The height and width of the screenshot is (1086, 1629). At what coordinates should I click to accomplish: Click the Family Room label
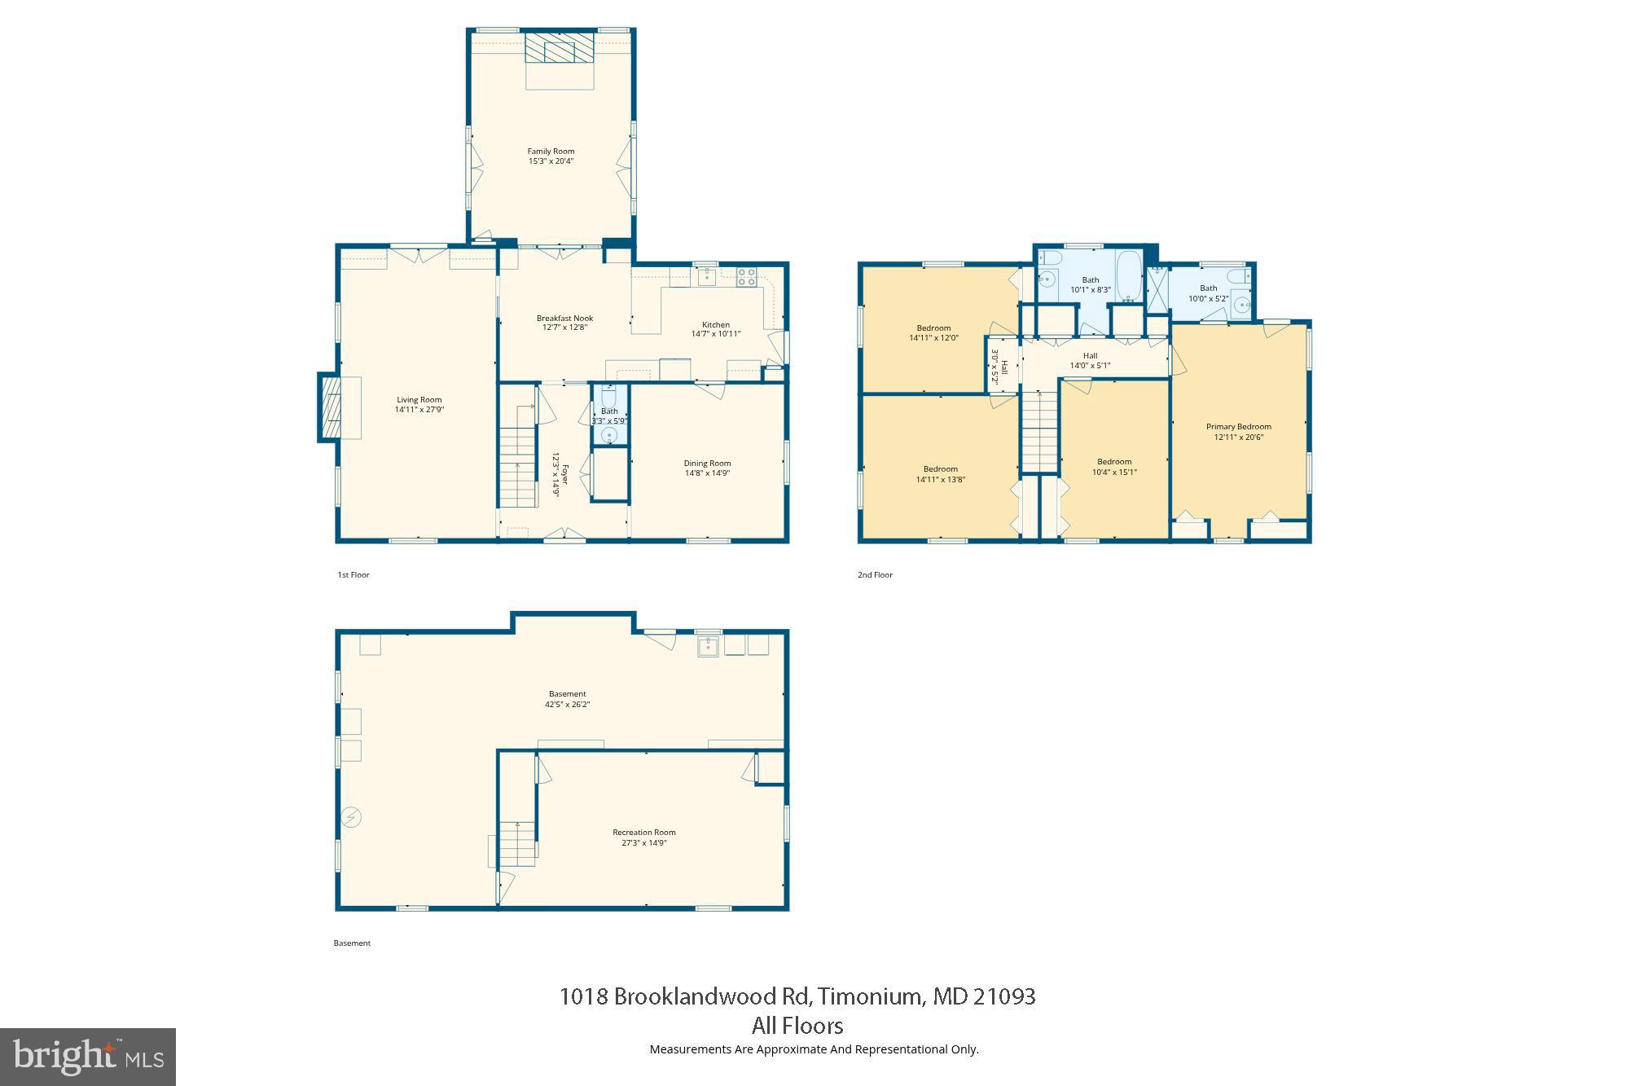tap(551, 151)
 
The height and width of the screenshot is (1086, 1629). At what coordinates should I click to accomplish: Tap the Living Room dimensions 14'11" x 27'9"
tap(419, 410)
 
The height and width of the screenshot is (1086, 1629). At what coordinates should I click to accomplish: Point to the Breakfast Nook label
tap(564, 318)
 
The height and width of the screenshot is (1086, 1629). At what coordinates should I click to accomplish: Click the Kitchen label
tap(716, 324)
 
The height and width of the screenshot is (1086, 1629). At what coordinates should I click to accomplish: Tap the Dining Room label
tap(707, 463)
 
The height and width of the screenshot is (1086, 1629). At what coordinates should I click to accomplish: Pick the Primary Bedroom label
tap(1238, 426)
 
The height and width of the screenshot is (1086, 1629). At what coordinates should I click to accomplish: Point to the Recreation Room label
tap(643, 832)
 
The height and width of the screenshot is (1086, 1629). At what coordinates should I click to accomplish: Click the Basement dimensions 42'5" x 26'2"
tap(567, 704)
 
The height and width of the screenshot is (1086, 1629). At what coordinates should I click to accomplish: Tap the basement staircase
tap(518, 843)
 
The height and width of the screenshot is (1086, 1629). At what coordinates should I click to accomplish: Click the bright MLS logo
tap(88, 1057)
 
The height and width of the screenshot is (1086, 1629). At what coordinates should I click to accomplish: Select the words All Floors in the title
tap(797, 1025)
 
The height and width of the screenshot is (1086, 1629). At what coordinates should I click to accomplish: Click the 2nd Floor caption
tap(875, 574)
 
